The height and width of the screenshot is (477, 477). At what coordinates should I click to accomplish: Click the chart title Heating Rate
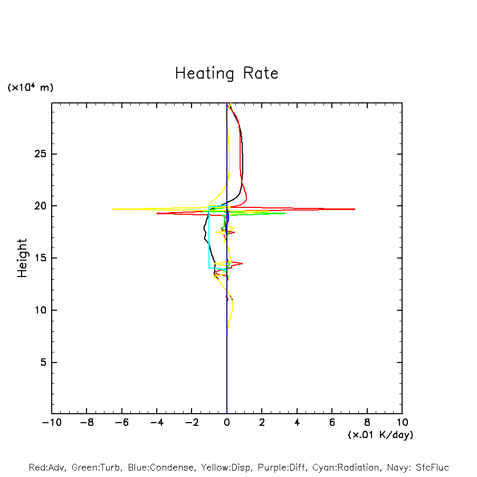(226, 73)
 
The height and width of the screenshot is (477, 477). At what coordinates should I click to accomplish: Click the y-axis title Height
(22, 258)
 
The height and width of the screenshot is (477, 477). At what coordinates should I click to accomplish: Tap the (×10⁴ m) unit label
(30, 88)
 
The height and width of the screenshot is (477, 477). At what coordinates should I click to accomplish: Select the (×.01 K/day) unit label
(380, 435)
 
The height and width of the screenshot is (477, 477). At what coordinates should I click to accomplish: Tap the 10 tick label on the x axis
(402, 423)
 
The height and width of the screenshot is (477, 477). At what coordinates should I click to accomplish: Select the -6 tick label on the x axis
(119, 423)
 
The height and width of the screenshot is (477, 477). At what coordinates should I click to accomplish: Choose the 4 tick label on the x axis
(297, 423)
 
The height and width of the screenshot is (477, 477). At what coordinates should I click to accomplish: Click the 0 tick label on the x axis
(227, 423)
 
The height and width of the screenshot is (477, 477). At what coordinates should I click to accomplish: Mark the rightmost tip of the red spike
(355, 209)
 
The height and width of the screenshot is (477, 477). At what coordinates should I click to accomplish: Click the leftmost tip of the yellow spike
(113, 209)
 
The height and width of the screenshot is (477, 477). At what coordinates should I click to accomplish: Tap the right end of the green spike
(285, 213)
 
